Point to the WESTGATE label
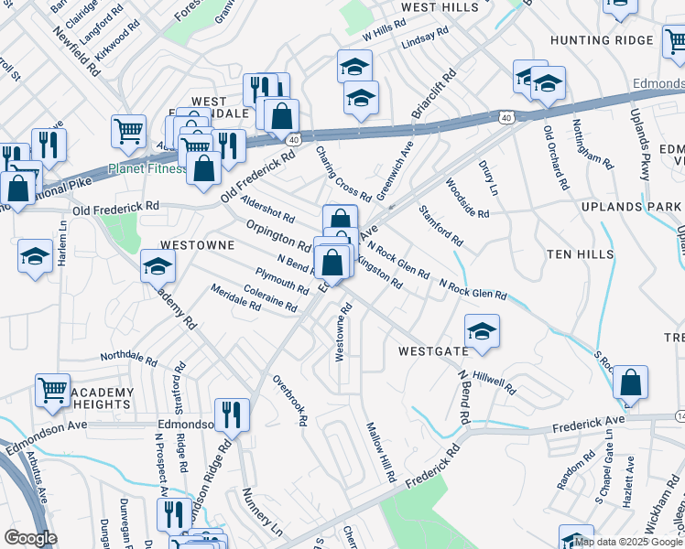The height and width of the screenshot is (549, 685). [433, 350]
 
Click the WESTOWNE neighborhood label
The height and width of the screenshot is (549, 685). [198, 245]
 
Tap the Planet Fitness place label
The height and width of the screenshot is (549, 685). [146, 168]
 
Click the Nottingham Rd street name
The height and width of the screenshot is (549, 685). [592, 144]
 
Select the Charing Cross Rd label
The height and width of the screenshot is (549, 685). [342, 173]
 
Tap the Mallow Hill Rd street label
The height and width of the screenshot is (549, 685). [379, 452]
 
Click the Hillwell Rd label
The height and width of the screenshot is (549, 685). [495, 383]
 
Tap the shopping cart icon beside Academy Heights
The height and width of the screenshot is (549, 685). [52, 390]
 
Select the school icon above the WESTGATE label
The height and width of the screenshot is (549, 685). [482, 330]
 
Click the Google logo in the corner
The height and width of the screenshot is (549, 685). [30, 537]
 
